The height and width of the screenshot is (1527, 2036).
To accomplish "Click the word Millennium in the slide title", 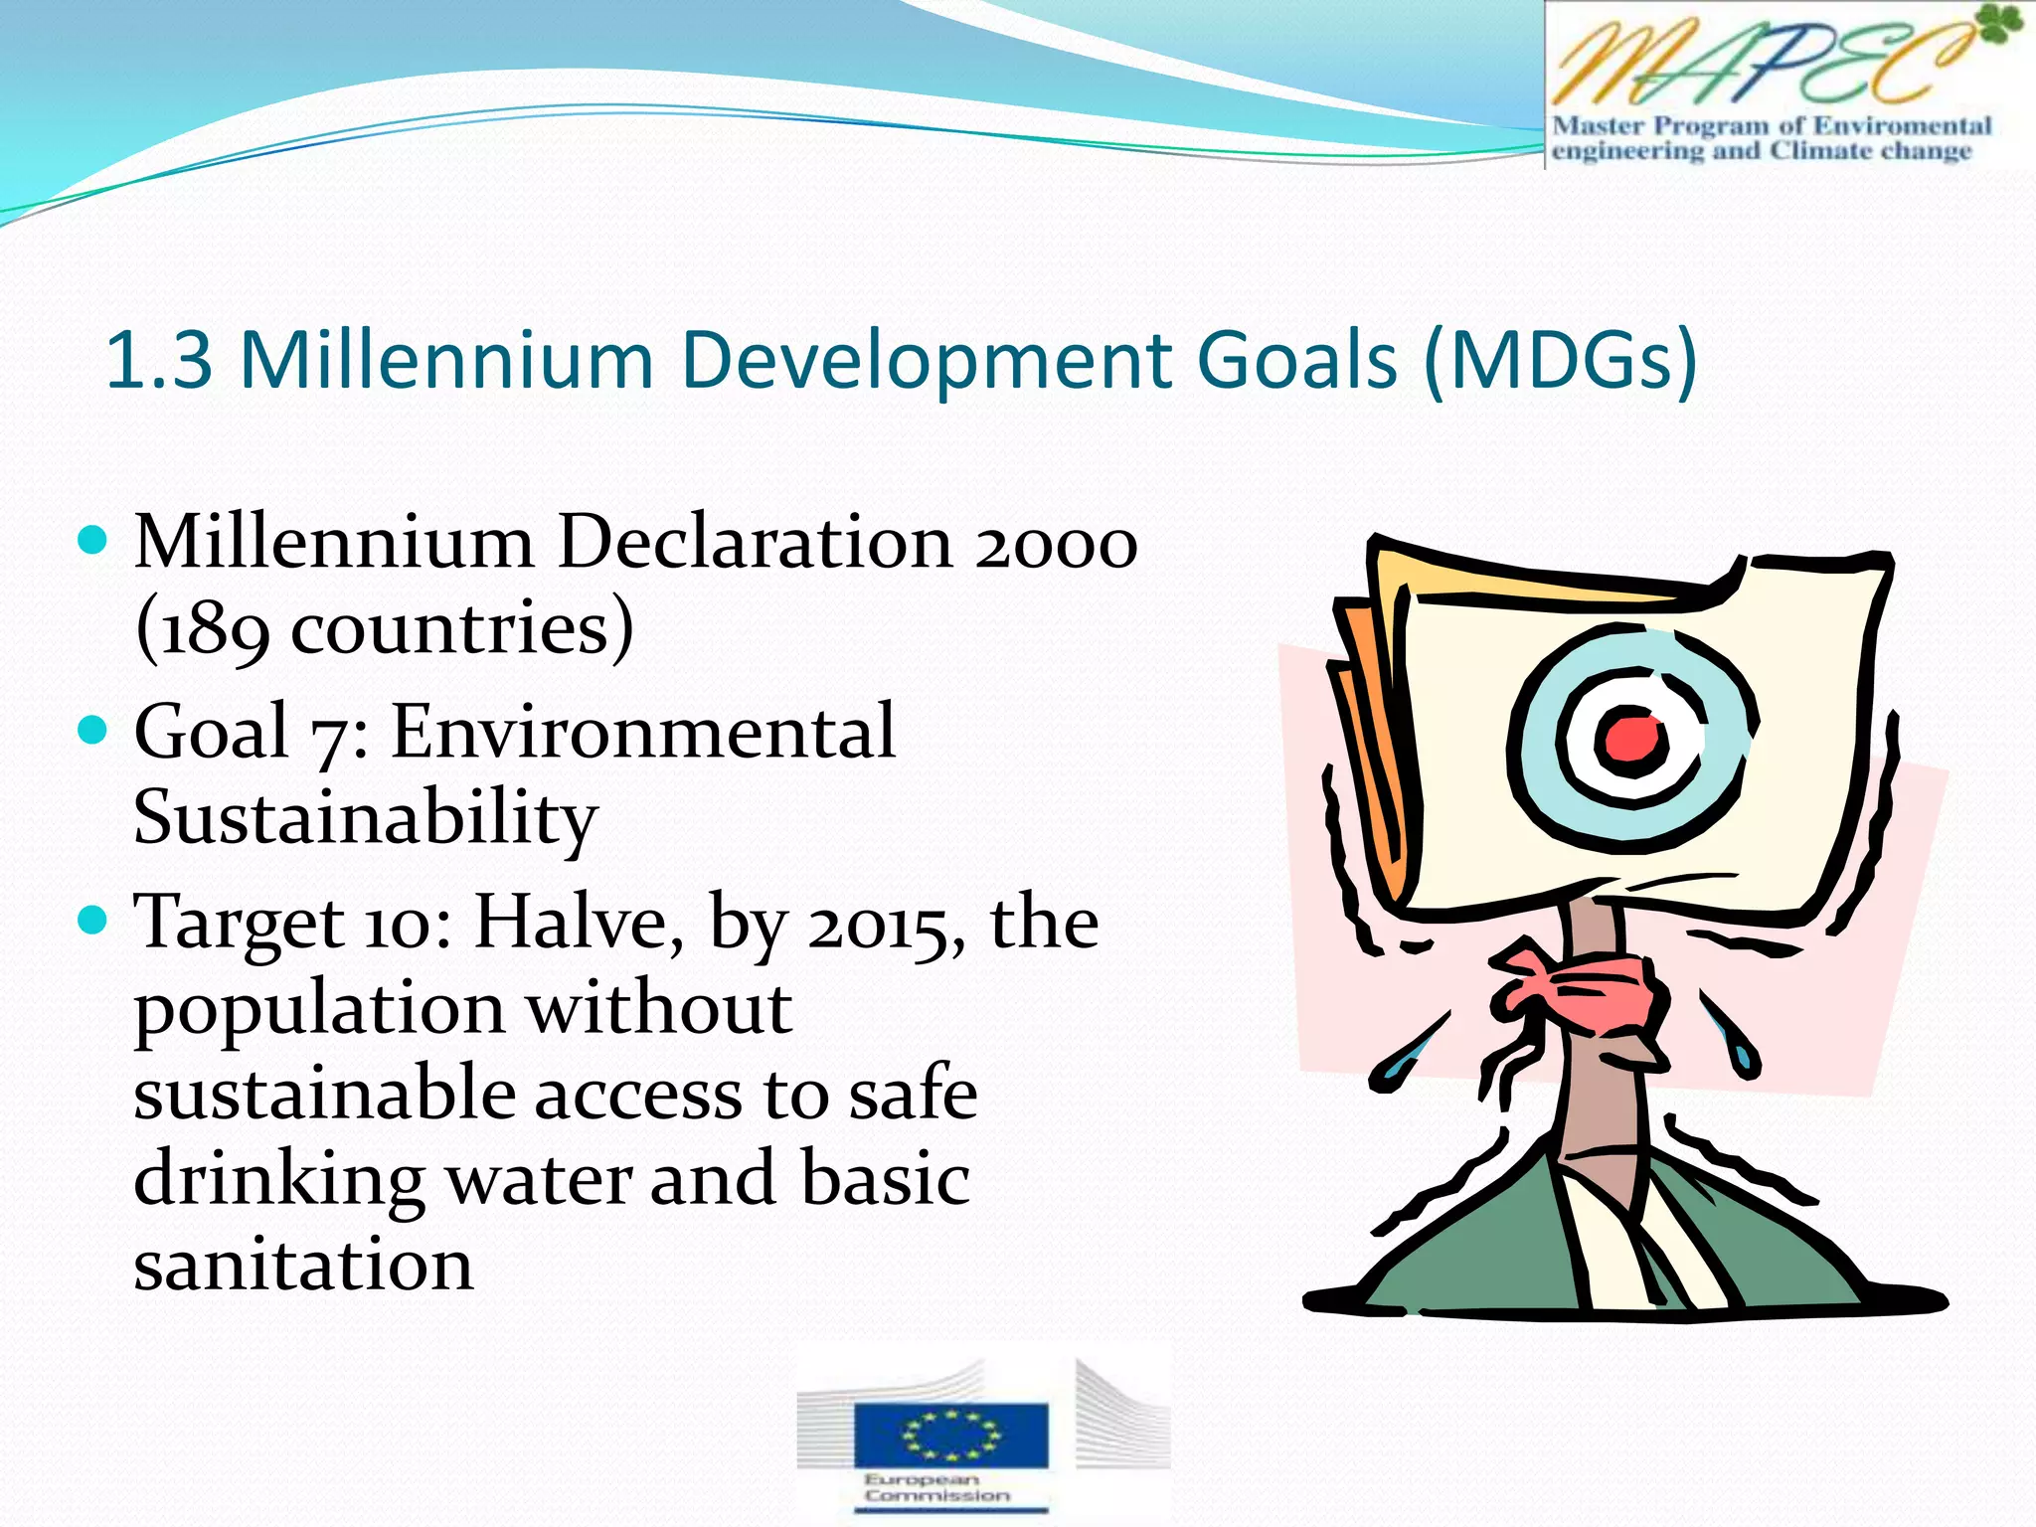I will (x=447, y=360).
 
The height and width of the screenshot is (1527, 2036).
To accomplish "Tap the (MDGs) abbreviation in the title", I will (x=1560, y=360).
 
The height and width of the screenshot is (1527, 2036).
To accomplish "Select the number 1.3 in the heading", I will (x=159, y=360).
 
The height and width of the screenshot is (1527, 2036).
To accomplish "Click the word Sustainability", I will (x=365, y=817).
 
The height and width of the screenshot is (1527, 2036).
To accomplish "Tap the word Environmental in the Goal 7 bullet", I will (x=643, y=733).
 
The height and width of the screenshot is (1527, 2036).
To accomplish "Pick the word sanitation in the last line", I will (x=303, y=1266).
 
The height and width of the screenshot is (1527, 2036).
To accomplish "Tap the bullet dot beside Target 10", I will (x=91, y=920).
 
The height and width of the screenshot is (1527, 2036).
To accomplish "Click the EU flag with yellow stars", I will (x=950, y=1435).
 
